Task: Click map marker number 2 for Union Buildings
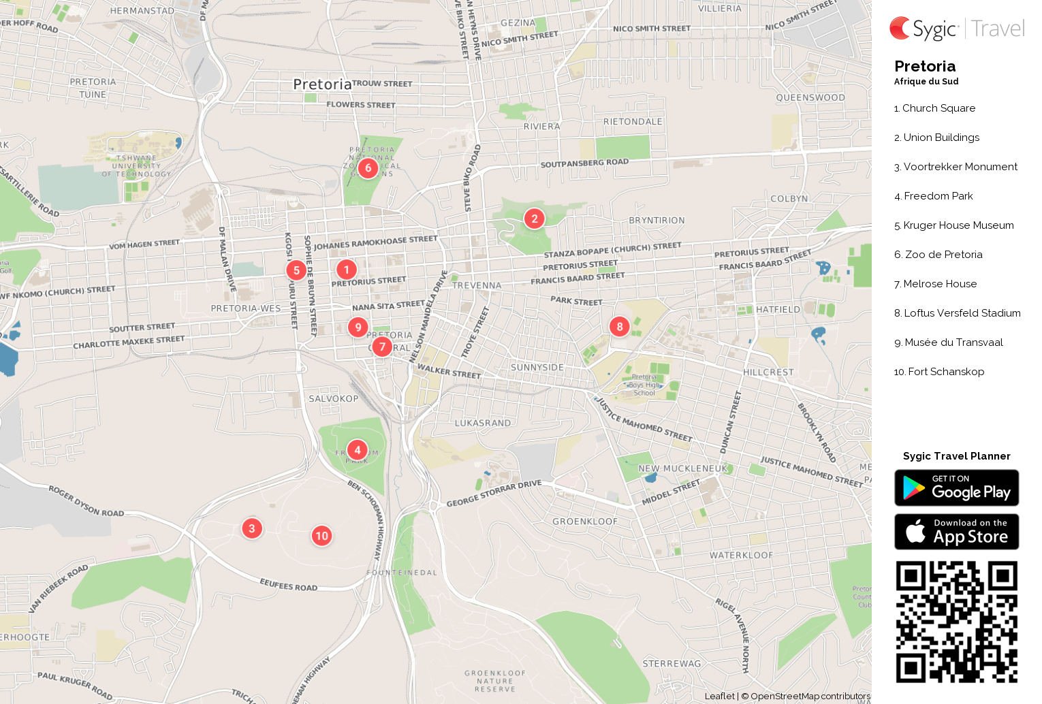[x=535, y=219]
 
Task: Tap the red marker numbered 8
[x=620, y=327]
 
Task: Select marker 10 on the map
[x=322, y=536]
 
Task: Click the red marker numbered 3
[x=252, y=528]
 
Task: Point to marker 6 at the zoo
[x=368, y=167]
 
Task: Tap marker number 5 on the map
[x=296, y=270]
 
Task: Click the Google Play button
[x=956, y=488]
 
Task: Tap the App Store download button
[x=956, y=532]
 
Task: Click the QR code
[x=956, y=622]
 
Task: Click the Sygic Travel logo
[x=956, y=29]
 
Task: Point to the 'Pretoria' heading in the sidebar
[x=925, y=67]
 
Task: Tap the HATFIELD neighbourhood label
[x=778, y=310]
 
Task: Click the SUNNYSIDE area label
[x=537, y=368]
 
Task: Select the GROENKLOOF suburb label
[x=585, y=522]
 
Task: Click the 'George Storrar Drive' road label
[x=494, y=494]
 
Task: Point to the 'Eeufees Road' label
[x=289, y=585]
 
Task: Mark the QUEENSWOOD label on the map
[x=810, y=98]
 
